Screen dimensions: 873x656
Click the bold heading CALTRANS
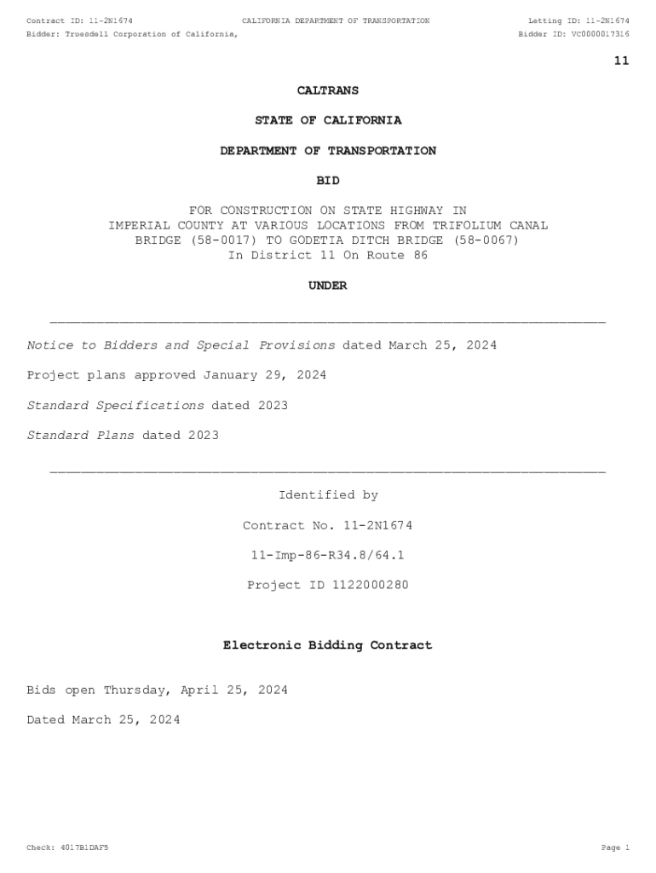coord(328,90)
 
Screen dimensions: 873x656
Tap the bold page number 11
coord(621,61)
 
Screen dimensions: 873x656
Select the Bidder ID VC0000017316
coord(600,34)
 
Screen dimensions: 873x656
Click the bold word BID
coord(328,181)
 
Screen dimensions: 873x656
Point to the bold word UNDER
coord(328,286)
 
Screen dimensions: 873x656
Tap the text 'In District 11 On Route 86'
coord(328,256)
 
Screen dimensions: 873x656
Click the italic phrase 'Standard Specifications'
coord(116,406)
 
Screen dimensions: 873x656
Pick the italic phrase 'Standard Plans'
coord(81,436)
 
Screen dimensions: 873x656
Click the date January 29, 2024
coord(264,375)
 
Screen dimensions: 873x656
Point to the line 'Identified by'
coord(328,495)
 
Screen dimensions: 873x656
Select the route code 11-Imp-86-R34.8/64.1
coord(328,555)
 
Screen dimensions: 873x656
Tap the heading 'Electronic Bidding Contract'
coord(328,645)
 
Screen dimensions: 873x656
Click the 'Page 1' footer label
coord(614,848)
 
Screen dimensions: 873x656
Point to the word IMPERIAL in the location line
coord(139,226)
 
